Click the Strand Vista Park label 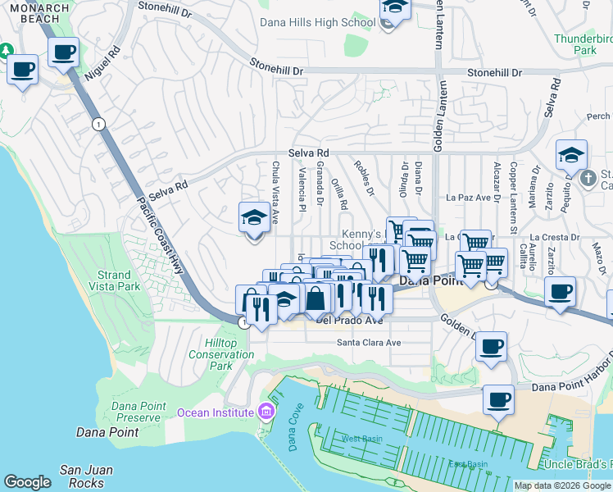pyautogui.click(x=113, y=280)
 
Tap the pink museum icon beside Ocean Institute pyautogui.click(x=266, y=411)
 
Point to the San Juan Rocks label pyautogui.click(x=82, y=476)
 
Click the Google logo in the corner pyautogui.click(x=27, y=482)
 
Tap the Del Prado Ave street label pyautogui.click(x=349, y=321)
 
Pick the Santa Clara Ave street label pyautogui.click(x=369, y=342)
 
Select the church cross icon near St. pyautogui.click(x=587, y=178)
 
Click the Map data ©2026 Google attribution pyautogui.click(x=561, y=485)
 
